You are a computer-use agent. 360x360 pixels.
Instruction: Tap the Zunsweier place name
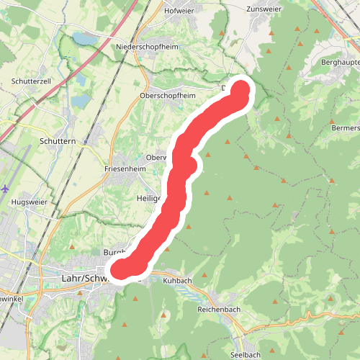click(x=262, y=9)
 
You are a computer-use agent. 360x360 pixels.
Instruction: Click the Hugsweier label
click(x=30, y=202)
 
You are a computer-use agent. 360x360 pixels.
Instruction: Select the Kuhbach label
click(x=178, y=280)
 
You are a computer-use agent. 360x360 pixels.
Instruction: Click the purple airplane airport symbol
click(x=6, y=189)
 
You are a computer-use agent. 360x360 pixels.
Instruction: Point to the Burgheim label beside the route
click(x=114, y=253)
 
